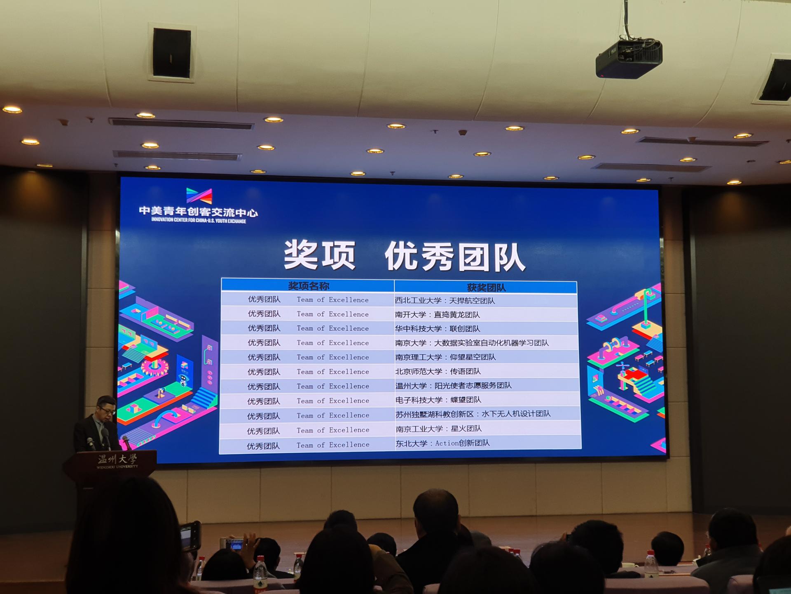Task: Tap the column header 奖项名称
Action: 309,286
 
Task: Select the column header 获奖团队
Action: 486,288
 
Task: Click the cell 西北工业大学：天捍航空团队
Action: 445,301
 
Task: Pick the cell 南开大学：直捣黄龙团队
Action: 438,315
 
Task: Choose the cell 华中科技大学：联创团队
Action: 438,329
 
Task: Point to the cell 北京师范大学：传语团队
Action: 438,371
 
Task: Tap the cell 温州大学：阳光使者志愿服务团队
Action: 454,386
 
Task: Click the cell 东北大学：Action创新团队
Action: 443,443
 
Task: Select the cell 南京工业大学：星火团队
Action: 439,429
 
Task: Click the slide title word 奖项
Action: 320,255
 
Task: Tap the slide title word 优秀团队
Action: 455,257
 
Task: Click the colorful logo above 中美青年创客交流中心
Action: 199,196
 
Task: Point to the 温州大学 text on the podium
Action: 117,459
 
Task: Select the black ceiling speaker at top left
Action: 172,53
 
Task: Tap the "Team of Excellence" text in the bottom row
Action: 333,445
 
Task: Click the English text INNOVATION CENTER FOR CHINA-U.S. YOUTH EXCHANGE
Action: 199,220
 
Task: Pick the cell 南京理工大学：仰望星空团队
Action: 445,357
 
